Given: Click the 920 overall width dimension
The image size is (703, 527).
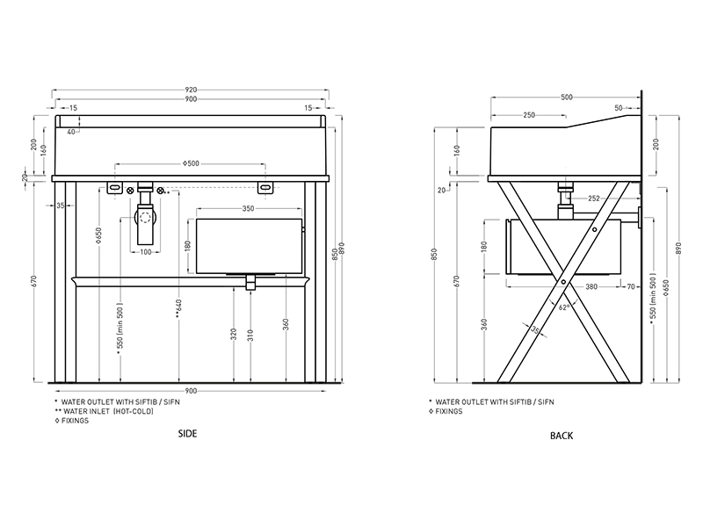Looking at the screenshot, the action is point(191,90).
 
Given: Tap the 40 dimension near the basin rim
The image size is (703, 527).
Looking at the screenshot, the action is point(71,132).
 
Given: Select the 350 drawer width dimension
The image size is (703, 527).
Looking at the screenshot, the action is point(248,208).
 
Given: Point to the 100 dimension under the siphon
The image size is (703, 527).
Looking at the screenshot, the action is point(146,252).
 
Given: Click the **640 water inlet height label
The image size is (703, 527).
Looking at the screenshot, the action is point(179,309).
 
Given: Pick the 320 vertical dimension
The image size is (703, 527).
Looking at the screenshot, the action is point(234,335).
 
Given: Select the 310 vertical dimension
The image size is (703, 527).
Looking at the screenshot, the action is point(250,336).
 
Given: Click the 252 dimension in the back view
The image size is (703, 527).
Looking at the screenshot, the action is point(594,199).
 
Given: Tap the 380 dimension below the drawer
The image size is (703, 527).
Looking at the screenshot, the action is point(591,286).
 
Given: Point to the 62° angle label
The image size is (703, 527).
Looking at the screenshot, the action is point(564,307).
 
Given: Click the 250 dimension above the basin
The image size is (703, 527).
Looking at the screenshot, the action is point(529,115).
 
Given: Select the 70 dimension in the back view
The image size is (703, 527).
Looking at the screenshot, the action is point(631,286).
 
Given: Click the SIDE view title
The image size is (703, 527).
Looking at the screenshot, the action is point(187,433).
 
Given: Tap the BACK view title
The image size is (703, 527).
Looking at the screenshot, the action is point(562,436).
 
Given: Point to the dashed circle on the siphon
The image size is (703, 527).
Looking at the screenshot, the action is point(145,218).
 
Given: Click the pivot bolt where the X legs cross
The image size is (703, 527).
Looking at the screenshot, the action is point(563,282).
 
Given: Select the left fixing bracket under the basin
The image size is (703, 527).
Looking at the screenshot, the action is point(115,187).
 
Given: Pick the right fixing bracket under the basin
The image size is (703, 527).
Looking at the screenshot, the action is point(265,188).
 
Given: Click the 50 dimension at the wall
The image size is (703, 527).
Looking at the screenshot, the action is point(619,108).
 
